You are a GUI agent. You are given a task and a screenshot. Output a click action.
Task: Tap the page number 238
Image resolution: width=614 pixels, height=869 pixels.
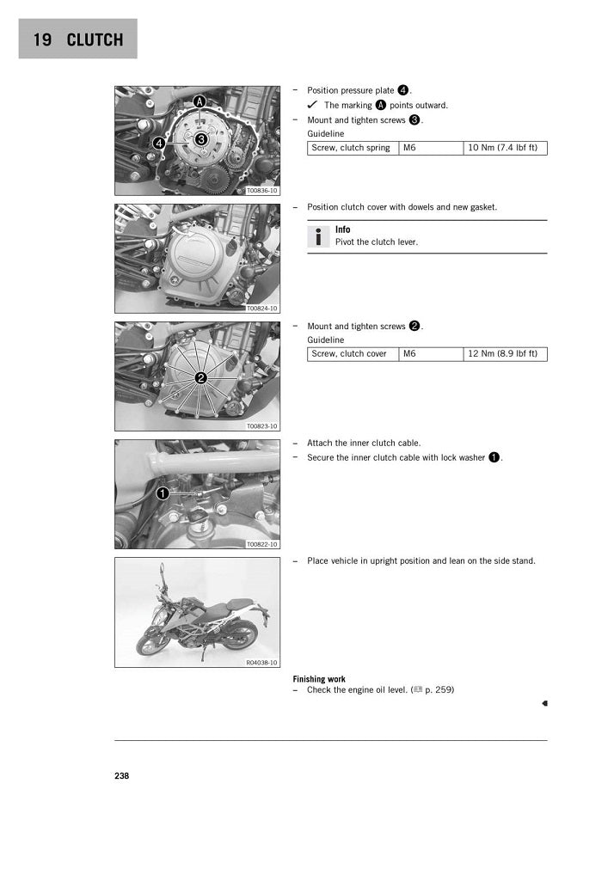click(121, 775)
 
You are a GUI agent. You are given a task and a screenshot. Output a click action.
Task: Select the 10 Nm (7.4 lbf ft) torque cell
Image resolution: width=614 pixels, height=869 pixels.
click(505, 148)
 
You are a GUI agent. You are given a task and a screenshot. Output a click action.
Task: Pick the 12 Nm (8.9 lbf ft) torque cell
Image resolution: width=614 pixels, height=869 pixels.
click(505, 353)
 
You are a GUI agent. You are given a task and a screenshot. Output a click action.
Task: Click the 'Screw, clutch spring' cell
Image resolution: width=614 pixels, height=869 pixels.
click(353, 148)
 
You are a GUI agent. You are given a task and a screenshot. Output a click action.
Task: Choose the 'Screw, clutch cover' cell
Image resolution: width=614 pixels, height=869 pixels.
click(353, 353)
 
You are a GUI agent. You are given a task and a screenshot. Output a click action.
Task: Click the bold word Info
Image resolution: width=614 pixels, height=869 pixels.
click(342, 229)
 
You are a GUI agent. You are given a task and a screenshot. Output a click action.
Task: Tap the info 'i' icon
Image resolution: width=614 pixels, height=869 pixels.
click(318, 236)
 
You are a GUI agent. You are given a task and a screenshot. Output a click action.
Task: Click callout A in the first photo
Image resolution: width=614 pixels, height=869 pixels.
click(200, 101)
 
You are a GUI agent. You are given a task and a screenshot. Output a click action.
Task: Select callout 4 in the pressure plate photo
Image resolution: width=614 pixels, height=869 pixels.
click(159, 144)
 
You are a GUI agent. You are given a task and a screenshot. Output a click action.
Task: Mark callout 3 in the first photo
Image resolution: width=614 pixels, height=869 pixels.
click(200, 138)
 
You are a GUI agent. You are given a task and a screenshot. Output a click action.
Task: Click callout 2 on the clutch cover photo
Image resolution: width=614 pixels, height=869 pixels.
click(200, 378)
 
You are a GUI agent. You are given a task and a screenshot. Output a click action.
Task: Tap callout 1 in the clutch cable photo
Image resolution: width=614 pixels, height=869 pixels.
click(162, 493)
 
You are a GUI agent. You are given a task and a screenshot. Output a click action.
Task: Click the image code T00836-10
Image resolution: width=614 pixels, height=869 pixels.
click(261, 191)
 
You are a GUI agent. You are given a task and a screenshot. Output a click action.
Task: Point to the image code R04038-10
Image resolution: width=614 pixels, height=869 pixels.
click(261, 663)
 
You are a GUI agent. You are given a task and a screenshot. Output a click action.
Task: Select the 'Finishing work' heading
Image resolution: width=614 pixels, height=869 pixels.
click(319, 679)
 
